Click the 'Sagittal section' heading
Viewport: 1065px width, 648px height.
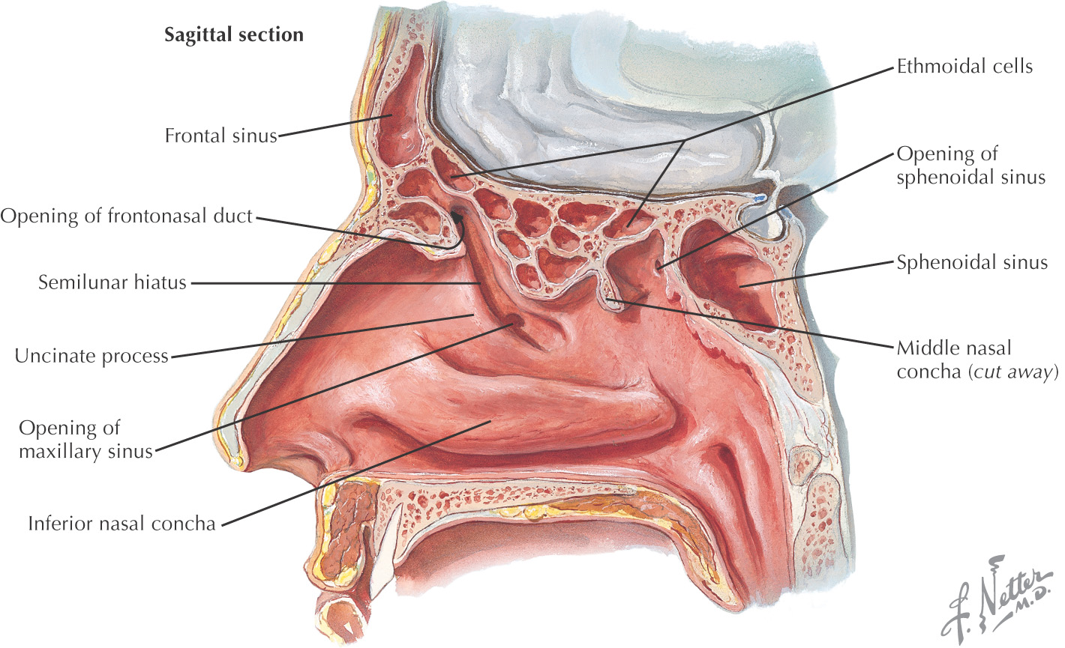[234, 35]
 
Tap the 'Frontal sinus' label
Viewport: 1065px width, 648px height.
[221, 136]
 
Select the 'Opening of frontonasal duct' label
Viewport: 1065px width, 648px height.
[127, 216]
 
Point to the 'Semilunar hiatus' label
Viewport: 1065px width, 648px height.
[112, 283]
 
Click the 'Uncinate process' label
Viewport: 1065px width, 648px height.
[91, 356]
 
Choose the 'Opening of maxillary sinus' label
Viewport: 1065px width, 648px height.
[85, 440]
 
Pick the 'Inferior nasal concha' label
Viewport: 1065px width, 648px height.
[121, 523]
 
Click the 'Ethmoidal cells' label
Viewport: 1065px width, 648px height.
[964, 66]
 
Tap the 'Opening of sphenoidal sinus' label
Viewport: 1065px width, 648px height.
[970, 166]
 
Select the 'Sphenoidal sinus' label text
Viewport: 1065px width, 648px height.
[972, 262]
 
